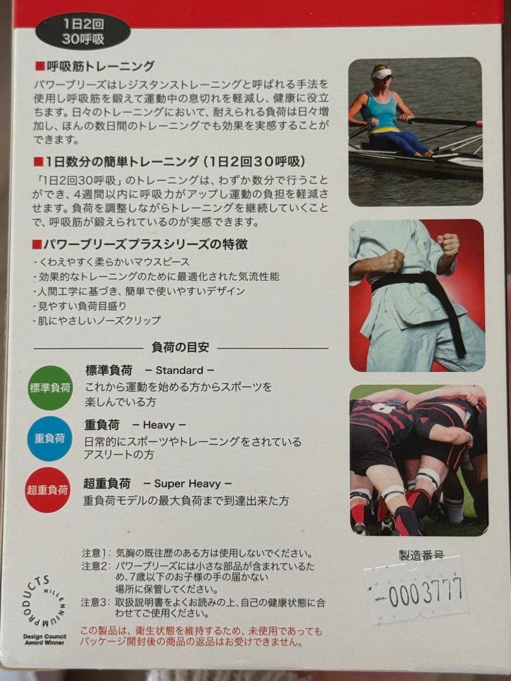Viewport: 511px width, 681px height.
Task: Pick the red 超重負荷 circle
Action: point(47,490)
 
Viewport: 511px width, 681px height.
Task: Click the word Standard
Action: point(179,370)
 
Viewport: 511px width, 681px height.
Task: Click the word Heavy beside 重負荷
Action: point(159,426)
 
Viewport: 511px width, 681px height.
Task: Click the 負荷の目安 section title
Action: point(180,347)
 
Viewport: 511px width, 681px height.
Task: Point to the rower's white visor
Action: point(381,73)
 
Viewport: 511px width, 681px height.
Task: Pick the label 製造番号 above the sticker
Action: point(421,556)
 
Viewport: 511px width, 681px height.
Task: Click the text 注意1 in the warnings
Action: point(96,553)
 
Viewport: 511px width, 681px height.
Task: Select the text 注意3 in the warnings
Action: point(96,602)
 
